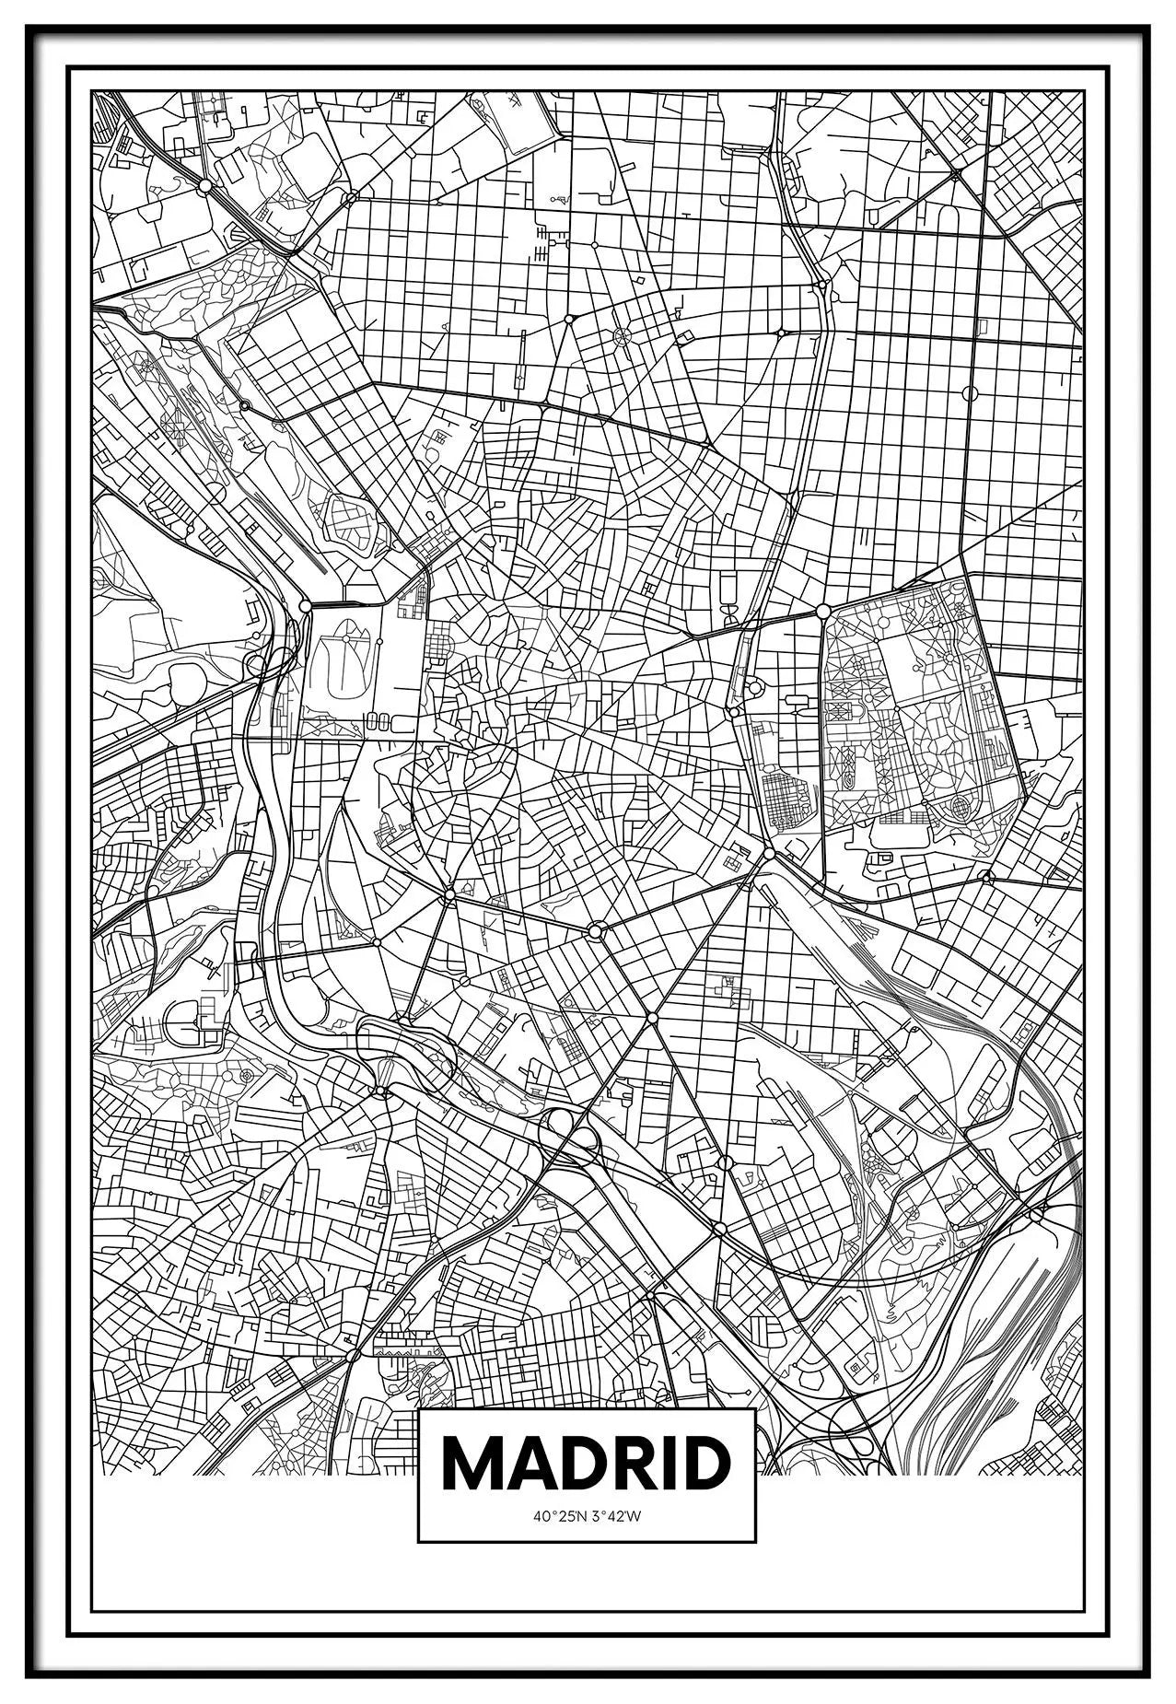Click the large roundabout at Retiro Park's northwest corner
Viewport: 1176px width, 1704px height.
pos(823,611)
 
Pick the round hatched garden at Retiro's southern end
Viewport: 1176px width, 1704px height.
pos(960,808)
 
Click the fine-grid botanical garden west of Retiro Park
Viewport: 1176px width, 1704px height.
pos(787,798)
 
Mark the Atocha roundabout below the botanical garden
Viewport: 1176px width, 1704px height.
pos(769,855)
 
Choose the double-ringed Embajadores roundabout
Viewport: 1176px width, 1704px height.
pos(596,932)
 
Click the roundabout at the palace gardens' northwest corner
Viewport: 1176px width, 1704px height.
pos(305,606)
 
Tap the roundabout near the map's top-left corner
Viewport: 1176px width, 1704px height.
pos(204,185)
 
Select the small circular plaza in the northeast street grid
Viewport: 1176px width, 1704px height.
pos(969,393)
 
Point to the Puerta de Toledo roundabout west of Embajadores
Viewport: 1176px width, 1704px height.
pos(449,894)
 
